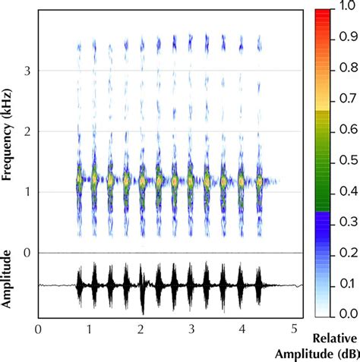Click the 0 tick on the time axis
click(x=38, y=330)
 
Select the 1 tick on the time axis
click(x=90, y=330)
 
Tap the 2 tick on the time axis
click(x=141, y=330)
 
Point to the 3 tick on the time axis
click(x=192, y=330)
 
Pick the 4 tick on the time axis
click(x=243, y=330)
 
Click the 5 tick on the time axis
click(x=294, y=330)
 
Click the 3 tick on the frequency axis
click(x=27, y=71)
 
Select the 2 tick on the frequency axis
click(x=27, y=131)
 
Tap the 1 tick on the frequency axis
click(x=27, y=192)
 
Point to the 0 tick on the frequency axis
click(x=27, y=253)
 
